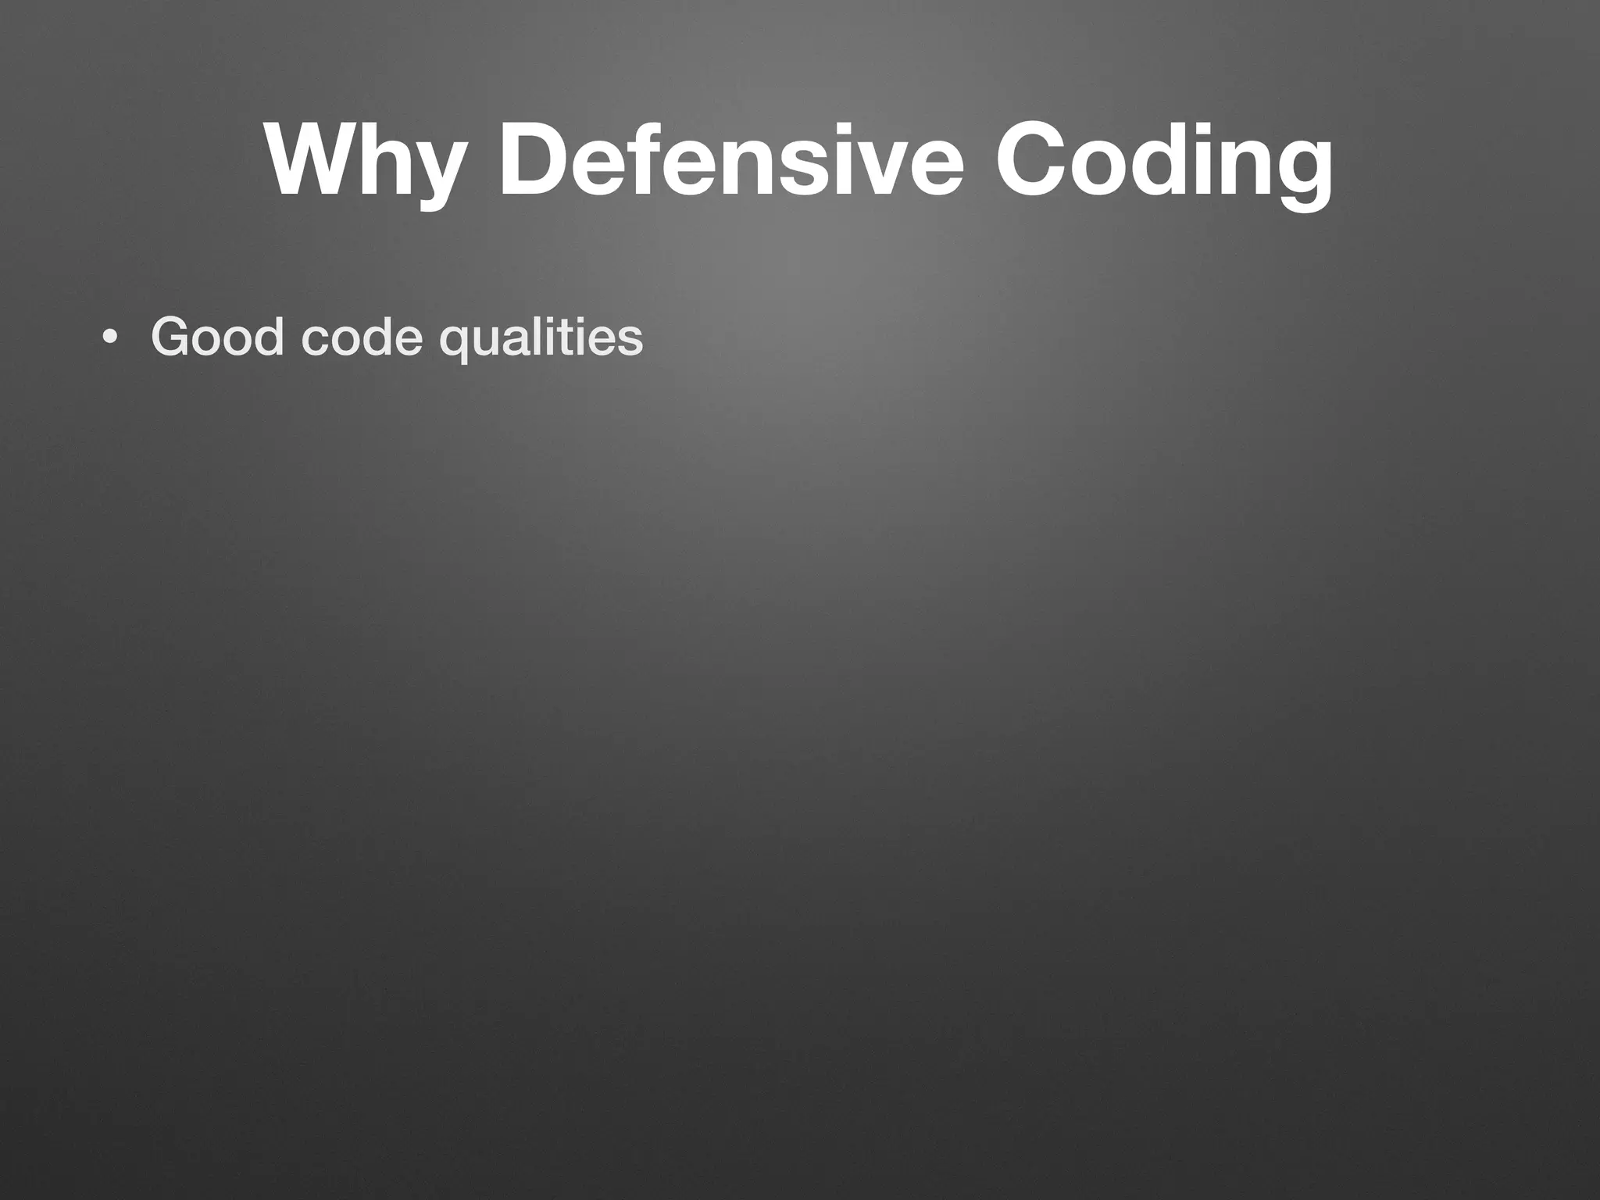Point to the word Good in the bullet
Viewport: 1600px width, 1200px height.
pyautogui.click(x=217, y=337)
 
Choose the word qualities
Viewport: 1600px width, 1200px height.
pyautogui.click(x=541, y=338)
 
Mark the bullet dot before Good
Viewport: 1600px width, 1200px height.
pyautogui.click(x=110, y=337)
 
